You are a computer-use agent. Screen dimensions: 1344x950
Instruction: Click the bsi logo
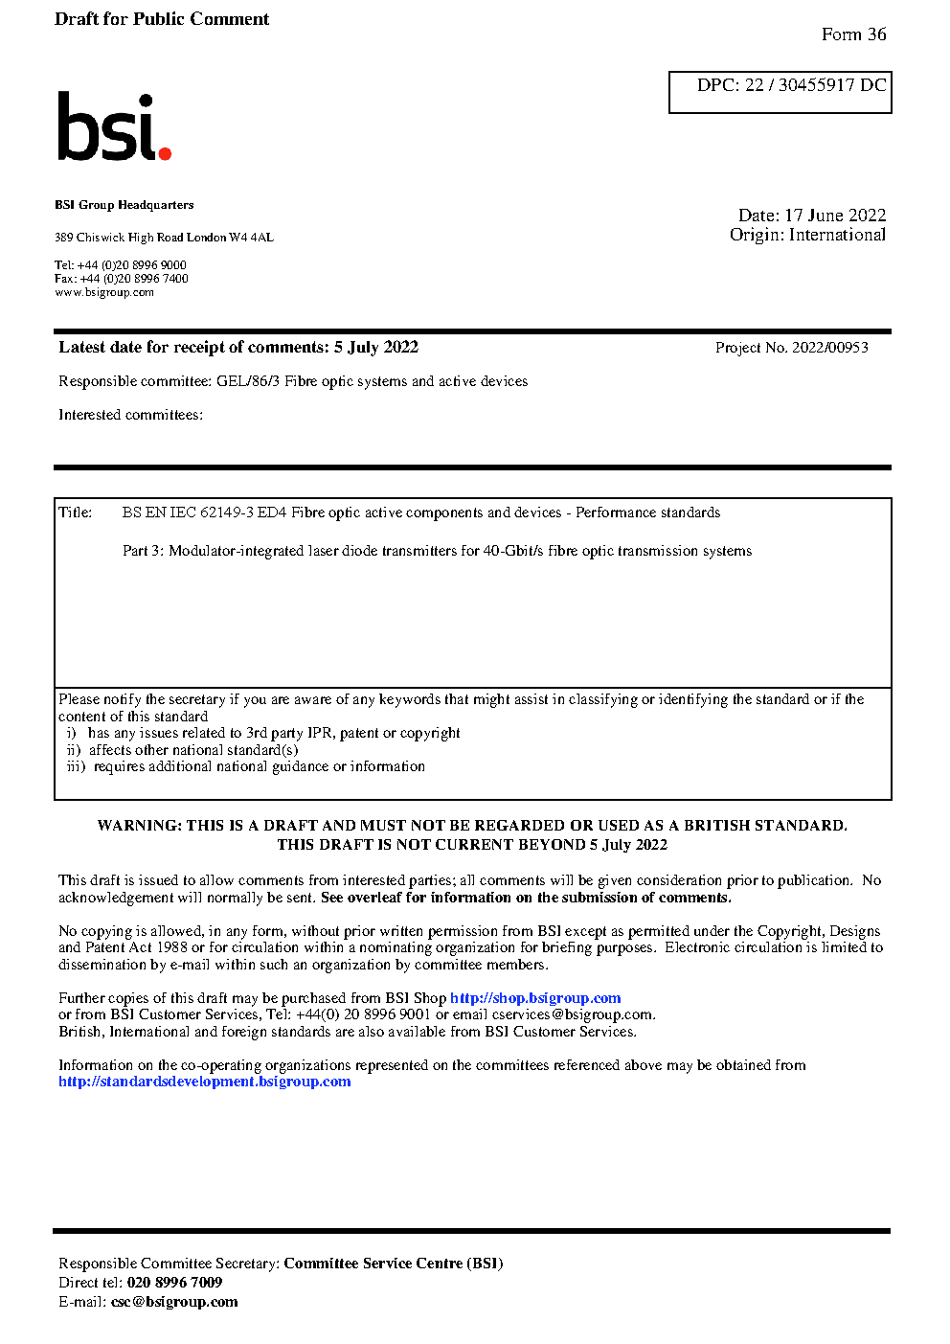point(113,126)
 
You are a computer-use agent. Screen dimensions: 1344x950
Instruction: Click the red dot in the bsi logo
point(165,152)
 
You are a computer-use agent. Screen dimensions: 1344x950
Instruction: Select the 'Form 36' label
point(853,34)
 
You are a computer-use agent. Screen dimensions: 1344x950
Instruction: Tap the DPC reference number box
point(780,92)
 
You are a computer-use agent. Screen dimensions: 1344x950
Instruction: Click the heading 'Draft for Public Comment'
point(162,19)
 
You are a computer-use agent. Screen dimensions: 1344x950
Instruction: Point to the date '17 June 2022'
point(835,216)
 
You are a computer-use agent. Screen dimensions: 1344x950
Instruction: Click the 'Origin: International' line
point(807,235)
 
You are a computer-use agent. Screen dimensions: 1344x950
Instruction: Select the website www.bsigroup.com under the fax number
point(104,292)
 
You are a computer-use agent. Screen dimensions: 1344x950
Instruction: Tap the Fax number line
point(122,279)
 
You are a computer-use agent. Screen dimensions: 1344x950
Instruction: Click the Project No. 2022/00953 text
point(791,348)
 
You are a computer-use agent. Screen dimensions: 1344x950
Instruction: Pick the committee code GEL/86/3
point(248,381)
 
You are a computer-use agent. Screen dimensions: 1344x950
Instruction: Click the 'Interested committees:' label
point(130,415)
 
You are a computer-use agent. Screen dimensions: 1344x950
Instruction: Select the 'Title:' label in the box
point(76,513)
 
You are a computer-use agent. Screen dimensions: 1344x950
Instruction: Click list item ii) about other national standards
point(182,750)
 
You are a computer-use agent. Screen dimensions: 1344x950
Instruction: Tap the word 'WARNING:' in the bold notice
point(140,826)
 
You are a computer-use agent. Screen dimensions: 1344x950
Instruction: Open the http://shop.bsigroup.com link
point(535,998)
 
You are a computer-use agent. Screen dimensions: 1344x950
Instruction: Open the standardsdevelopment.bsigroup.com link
point(204,1082)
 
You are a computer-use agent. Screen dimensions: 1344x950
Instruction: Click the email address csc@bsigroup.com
point(174,1302)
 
